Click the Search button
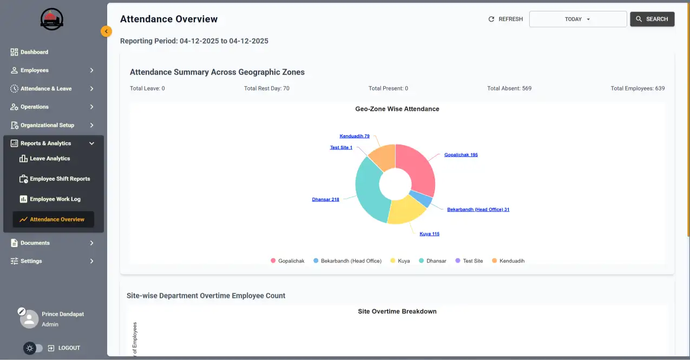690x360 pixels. pyautogui.click(x=652, y=19)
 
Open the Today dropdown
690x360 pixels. pyautogui.click(x=577, y=19)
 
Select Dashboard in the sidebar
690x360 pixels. pyautogui.click(x=34, y=52)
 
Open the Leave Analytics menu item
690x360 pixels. pyautogui.click(x=50, y=159)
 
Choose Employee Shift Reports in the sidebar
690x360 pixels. pyautogui.click(x=60, y=179)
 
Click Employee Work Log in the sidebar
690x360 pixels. pyautogui.click(x=55, y=199)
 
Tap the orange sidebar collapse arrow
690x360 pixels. pyautogui.click(x=106, y=31)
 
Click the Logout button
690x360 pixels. pyautogui.click(x=64, y=348)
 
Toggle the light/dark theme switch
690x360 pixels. pyautogui.click(x=33, y=348)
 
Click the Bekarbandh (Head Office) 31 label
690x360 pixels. pyautogui.click(x=478, y=210)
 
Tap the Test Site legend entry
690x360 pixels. pyautogui.click(x=472, y=261)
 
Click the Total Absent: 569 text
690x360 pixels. pyautogui.click(x=509, y=88)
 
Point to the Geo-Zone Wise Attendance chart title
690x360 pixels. pyautogui.click(x=397, y=109)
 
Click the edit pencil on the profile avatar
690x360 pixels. pyautogui.click(x=22, y=311)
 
